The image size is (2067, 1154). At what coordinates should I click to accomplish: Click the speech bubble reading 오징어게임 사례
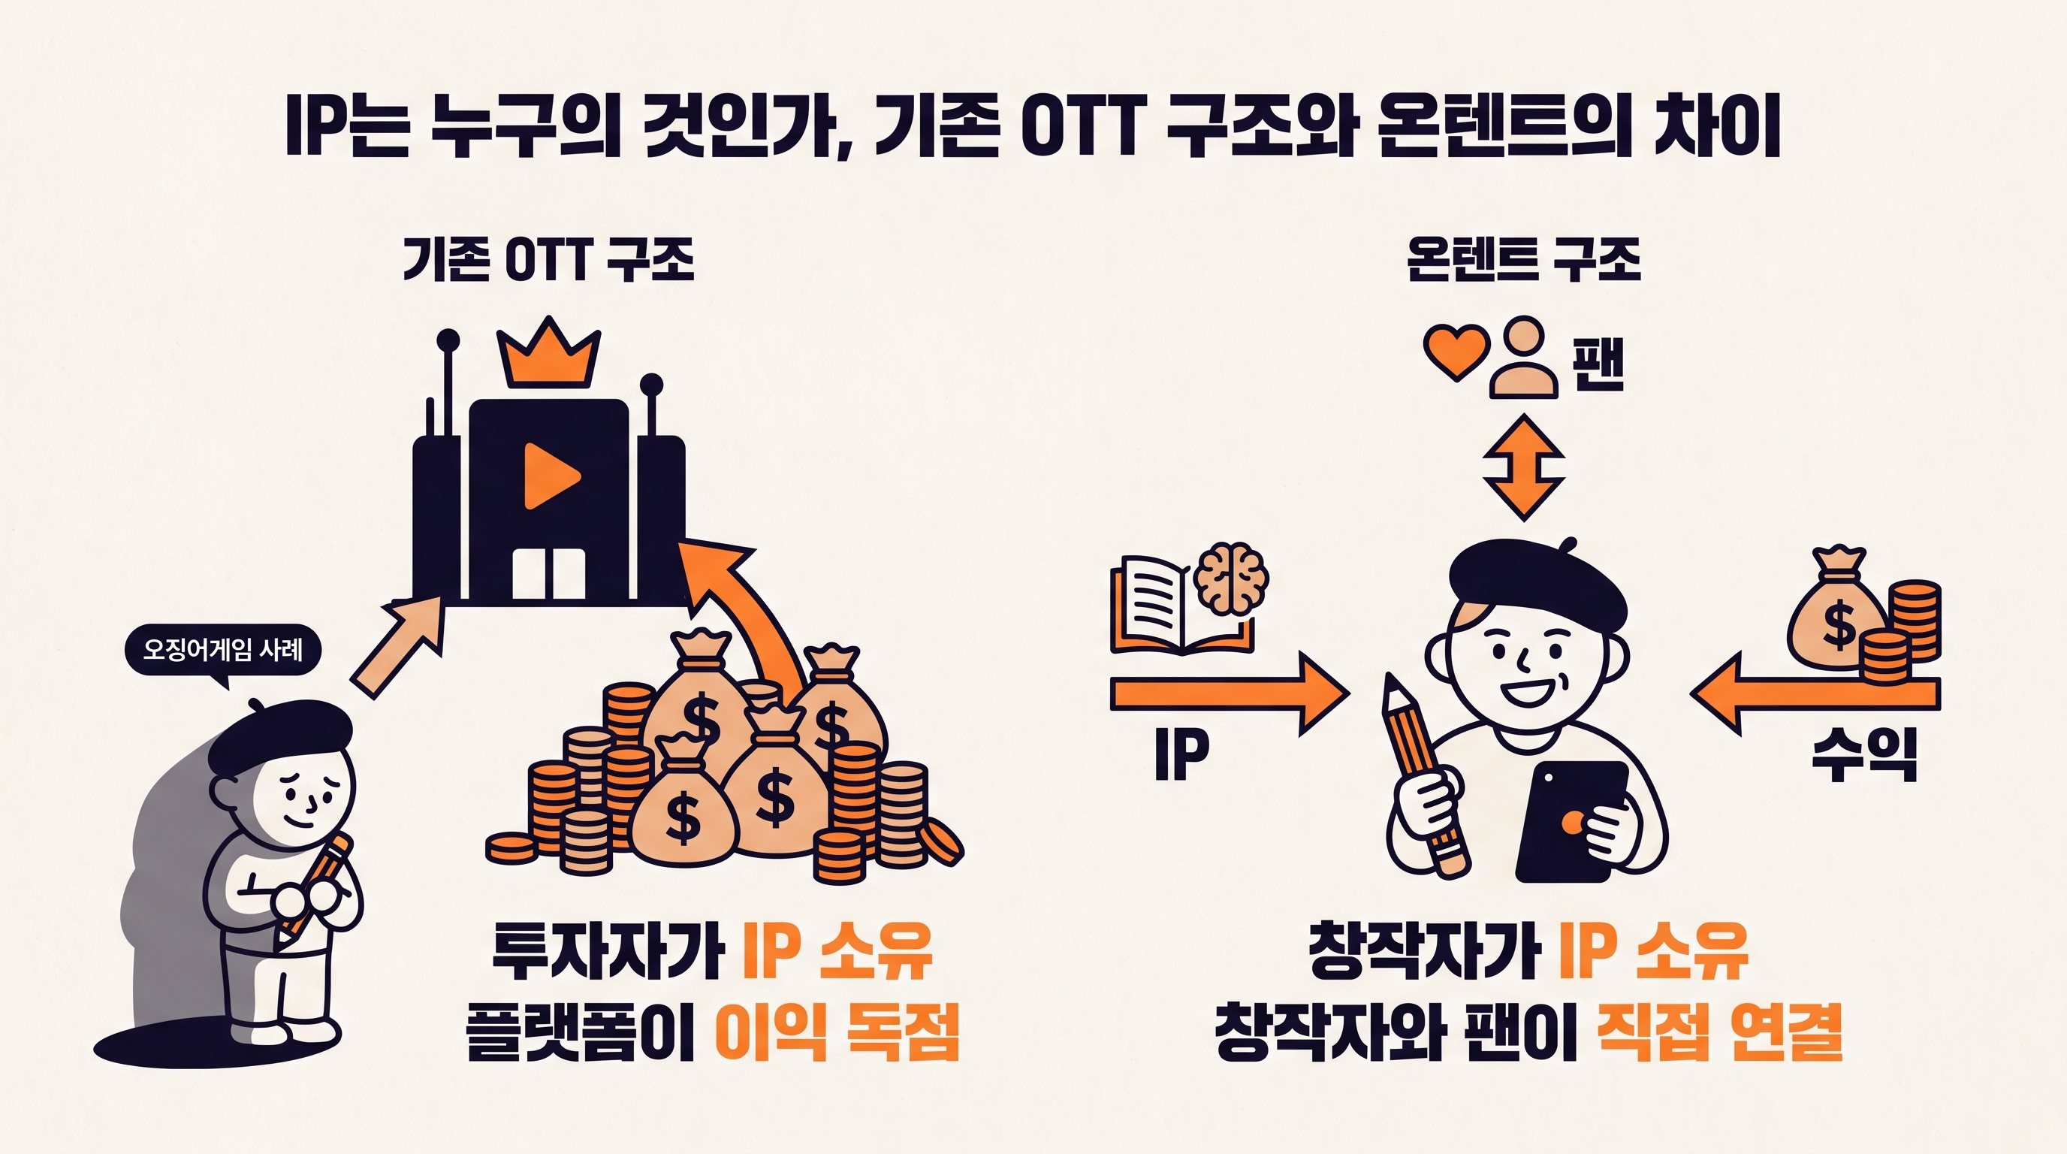224,651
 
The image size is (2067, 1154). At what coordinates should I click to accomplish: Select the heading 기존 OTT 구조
548,259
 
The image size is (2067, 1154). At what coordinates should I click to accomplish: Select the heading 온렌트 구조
1525,259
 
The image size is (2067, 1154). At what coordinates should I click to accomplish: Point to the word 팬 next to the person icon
1598,364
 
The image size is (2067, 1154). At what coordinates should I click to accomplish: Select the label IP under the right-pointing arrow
1181,754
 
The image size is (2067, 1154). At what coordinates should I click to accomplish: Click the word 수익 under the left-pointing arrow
1864,754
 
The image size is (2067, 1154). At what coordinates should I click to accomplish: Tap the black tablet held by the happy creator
1571,822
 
